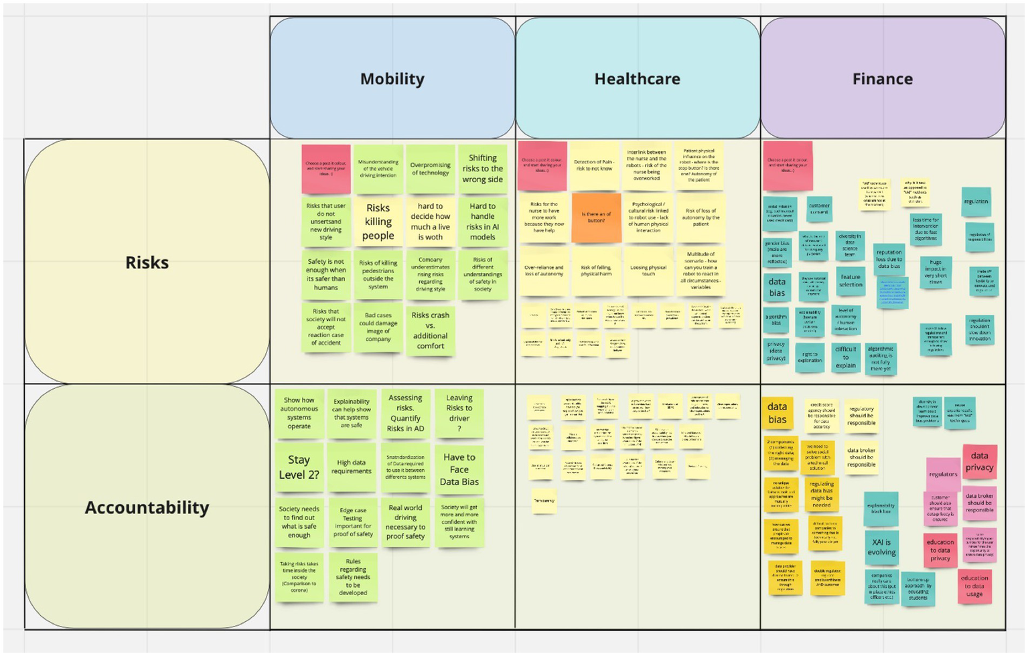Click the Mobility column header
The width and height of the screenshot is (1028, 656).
coord(392,79)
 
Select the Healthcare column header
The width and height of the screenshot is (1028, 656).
coord(637,79)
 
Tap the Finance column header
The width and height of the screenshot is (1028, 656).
coord(882,79)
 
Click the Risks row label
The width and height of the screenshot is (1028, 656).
coord(147,262)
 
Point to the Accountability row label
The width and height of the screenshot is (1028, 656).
coord(147,507)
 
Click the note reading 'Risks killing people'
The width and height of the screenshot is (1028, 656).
coord(378,222)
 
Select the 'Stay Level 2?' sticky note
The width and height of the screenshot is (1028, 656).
coord(299,467)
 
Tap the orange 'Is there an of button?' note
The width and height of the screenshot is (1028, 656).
coord(596,217)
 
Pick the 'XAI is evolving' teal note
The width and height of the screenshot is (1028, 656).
coord(881,547)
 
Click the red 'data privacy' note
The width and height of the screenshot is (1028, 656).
coord(979,462)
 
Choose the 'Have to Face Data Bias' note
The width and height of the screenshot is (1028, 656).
coord(459,469)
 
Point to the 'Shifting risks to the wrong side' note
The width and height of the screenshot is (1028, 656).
coord(482,169)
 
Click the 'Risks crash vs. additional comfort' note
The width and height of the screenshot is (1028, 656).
coord(430,330)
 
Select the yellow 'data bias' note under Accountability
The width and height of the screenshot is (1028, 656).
coord(777,413)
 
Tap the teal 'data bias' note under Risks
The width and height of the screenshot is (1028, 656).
coord(777,287)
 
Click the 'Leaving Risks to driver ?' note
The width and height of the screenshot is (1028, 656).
coord(459,413)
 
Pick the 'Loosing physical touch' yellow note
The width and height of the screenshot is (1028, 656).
coord(648,270)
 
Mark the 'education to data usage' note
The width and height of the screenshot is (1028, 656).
coord(974,586)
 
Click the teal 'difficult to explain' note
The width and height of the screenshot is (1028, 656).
coord(845,356)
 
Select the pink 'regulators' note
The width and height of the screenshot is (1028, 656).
coord(943,474)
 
